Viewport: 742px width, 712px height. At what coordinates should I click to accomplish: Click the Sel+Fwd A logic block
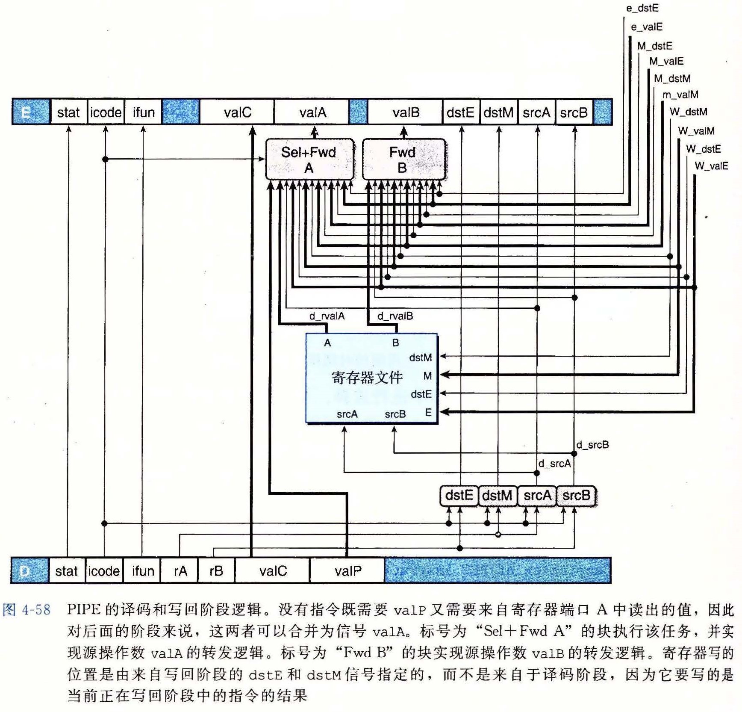click(309, 159)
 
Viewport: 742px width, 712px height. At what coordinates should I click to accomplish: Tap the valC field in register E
click(237, 112)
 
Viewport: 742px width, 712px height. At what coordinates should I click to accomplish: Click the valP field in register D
click(347, 570)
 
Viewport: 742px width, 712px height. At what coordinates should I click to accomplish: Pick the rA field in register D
click(180, 570)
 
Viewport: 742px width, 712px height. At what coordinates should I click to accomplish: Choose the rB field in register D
click(216, 570)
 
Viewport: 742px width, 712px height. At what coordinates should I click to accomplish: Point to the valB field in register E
click(405, 112)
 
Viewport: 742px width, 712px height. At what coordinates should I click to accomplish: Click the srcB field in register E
click(574, 112)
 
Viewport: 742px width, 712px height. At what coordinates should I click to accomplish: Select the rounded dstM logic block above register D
click(497, 496)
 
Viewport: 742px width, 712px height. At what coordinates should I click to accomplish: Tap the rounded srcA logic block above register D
click(537, 496)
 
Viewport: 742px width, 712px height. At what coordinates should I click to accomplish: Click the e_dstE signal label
click(642, 8)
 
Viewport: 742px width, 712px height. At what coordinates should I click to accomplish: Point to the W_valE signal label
click(711, 166)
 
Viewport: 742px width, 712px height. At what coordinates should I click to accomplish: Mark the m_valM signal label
click(680, 95)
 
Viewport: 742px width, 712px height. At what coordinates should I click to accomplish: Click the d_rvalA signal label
click(327, 316)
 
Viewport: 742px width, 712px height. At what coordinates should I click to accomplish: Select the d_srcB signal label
click(592, 445)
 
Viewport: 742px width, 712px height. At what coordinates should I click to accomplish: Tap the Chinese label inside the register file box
click(367, 378)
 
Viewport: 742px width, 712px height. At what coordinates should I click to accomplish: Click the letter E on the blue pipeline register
click(26, 112)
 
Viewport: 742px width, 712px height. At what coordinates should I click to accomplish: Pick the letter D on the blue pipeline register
click(25, 571)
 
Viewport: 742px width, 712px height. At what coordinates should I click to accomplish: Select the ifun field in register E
click(143, 112)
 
